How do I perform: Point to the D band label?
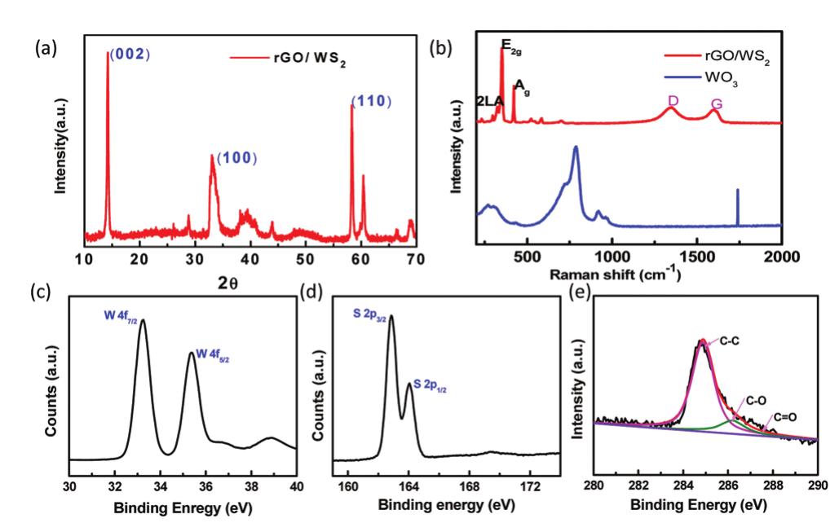coord(673,100)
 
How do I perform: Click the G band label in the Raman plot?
coord(717,104)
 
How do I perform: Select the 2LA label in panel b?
coord(489,101)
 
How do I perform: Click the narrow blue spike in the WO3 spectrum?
coord(738,207)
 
